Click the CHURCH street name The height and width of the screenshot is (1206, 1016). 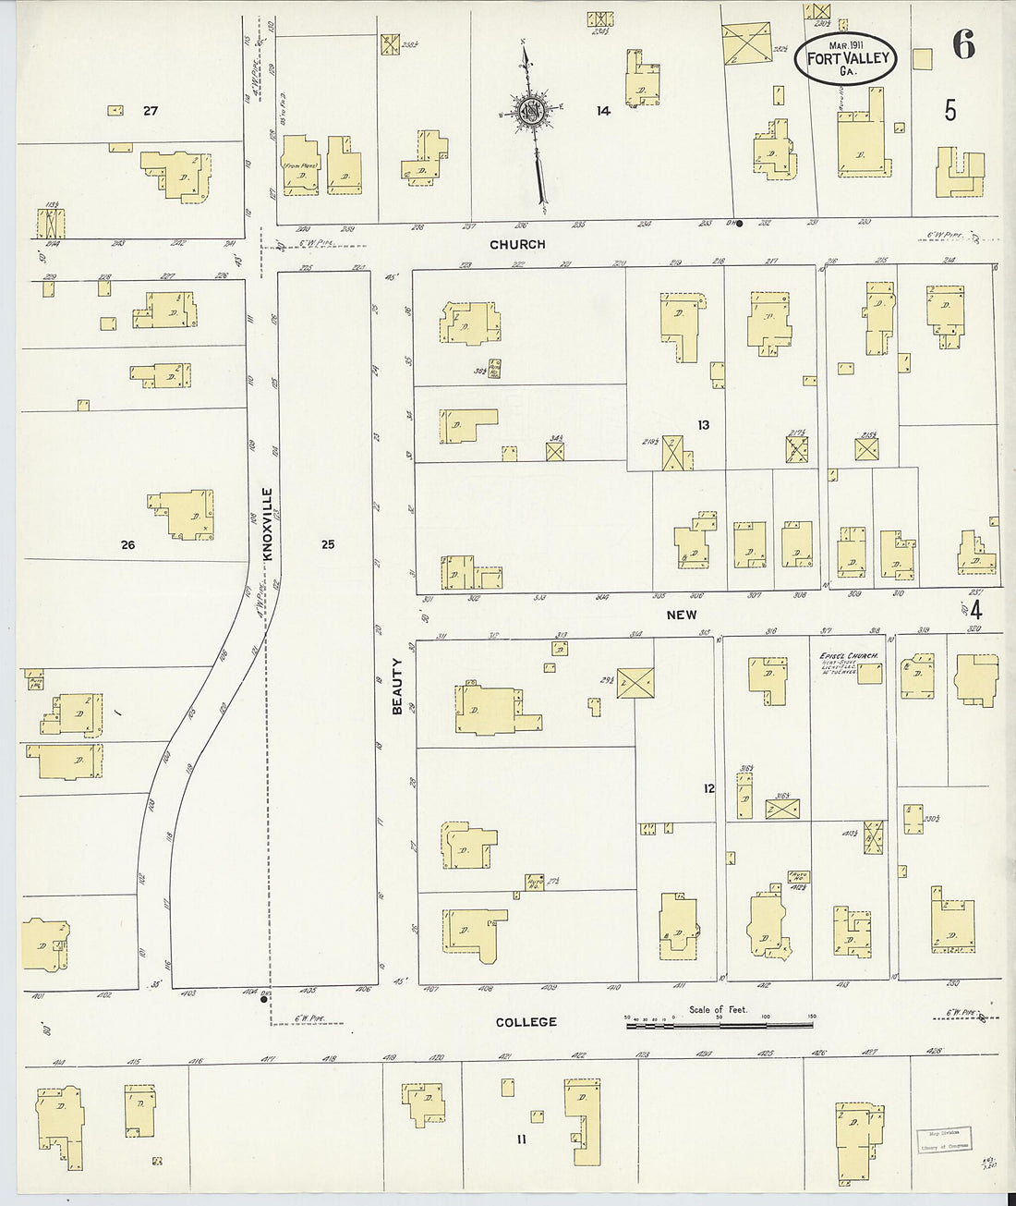[517, 245]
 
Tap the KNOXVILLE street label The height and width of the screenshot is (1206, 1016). [269, 524]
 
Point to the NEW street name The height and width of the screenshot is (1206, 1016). [682, 615]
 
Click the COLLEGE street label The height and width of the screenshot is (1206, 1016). [526, 1022]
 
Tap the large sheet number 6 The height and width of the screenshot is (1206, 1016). [963, 44]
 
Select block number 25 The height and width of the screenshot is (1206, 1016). [328, 544]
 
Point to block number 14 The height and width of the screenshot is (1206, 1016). [603, 111]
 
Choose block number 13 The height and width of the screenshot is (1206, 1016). [704, 425]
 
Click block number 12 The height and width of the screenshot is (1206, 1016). [708, 788]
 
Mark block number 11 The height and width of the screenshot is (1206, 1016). [522, 1139]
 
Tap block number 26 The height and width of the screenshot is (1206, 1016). [127, 545]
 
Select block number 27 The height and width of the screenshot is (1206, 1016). [151, 111]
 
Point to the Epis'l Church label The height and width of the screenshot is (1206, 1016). [848, 657]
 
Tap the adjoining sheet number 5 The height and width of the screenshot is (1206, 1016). [950, 111]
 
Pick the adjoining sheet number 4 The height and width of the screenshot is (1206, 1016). [975, 610]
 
